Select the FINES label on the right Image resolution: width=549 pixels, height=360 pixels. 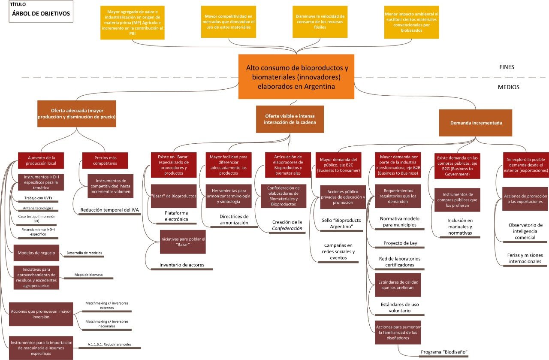[x=507, y=67]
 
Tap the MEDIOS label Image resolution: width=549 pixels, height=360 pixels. [x=508, y=87]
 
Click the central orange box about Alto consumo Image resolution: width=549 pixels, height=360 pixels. [x=296, y=77]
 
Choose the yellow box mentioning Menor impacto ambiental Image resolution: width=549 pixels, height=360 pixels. [x=412, y=22]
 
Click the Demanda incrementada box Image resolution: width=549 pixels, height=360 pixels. [x=476, y=123]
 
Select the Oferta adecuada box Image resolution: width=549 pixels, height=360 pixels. [x=77, y=114]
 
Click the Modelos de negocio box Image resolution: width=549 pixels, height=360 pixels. [x=36, y=253]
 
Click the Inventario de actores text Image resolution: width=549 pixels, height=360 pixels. [x=182, y=265]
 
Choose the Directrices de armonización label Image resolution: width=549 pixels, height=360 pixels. [x=234, y=220]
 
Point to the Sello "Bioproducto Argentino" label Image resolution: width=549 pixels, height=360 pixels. [x=341, y=223]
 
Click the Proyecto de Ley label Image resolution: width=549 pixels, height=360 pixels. [x=400, y=243]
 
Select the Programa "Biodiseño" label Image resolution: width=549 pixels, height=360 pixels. [x=443, y=352]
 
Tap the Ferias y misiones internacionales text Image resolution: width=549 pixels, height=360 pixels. [x=525, y=258]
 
